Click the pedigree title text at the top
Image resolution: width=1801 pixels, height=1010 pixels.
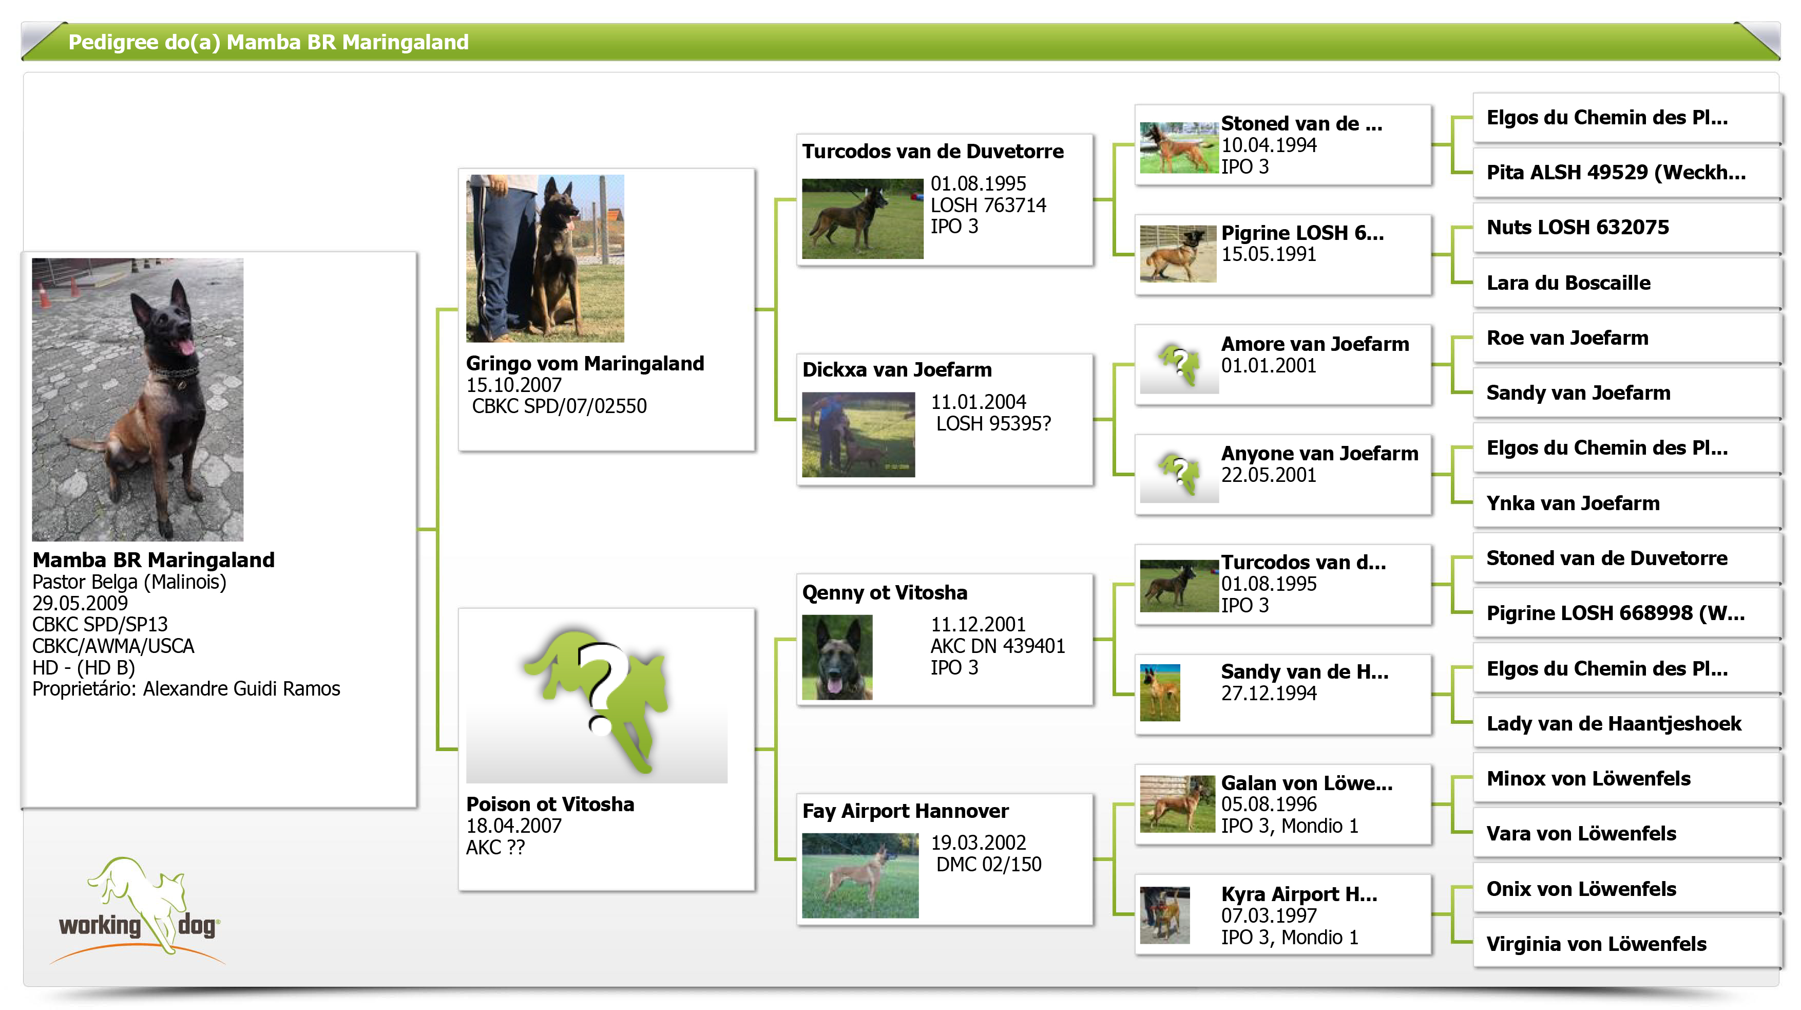269,42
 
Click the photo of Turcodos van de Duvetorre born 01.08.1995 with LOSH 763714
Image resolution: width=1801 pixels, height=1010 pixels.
862,218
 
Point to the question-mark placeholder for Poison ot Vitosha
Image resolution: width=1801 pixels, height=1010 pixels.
597,703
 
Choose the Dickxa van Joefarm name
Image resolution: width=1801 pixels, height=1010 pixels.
896,369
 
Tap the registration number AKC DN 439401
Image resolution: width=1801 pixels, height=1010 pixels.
998,646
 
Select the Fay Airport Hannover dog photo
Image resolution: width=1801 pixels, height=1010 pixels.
860,875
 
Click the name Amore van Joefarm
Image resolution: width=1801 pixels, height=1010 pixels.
1314,344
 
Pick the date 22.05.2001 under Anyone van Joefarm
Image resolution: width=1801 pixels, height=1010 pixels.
1268,475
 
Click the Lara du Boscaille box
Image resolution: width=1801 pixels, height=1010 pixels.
1626,283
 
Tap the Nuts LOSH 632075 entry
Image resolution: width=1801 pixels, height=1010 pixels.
1626,227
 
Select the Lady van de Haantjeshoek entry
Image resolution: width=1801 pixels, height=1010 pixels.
1626,723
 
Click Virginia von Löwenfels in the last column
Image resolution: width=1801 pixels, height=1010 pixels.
1626,944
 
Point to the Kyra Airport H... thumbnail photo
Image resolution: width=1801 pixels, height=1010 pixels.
1164,915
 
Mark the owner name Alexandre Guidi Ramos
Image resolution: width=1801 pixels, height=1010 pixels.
241,689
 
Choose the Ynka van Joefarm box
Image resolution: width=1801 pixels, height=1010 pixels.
1626,503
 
